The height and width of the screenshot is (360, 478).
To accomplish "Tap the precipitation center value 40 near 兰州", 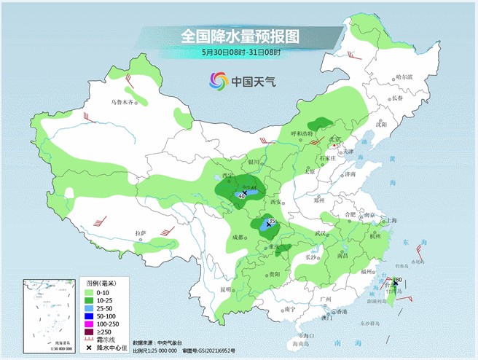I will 242,196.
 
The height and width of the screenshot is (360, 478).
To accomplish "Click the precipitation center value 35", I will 272,221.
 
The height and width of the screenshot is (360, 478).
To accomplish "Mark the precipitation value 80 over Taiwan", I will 399,280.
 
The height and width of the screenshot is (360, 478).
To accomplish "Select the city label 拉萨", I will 141,233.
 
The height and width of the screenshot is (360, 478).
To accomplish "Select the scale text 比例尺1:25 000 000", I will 156,350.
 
